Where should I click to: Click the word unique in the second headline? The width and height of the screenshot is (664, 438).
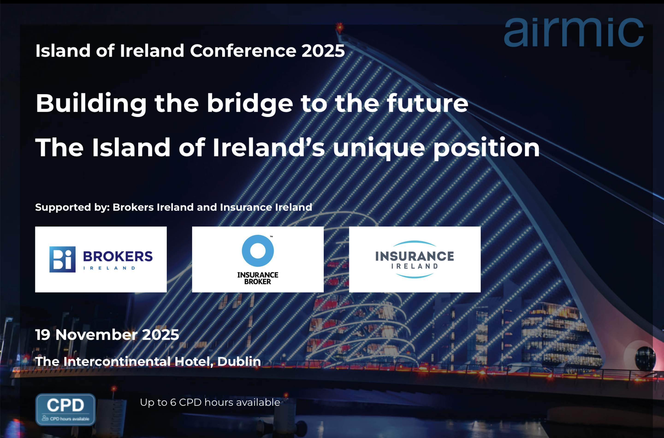coord(379,148)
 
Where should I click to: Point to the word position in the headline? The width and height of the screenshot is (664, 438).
coord(486,148)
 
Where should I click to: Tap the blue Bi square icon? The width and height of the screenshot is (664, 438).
coord(62,259)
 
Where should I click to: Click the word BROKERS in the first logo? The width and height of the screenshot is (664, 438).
coord(118,256)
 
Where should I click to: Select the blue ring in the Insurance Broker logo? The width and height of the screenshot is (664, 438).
coord(258,250)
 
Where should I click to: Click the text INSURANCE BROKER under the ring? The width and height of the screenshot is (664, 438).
coord(258,278)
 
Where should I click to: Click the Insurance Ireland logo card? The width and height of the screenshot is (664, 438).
coord(415,259)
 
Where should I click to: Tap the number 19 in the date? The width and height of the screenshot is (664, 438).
coord(42,335)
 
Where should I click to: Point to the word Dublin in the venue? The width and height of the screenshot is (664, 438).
coord(239,361)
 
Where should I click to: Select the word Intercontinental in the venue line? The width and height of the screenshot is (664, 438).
coord(117,361)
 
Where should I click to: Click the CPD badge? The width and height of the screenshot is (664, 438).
coord(65,409)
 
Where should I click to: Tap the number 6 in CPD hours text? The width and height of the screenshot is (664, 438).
coord(173,402)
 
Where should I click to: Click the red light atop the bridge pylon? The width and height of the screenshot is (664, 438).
coord(340,27)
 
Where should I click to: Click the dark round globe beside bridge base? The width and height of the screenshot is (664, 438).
coord(645,358)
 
